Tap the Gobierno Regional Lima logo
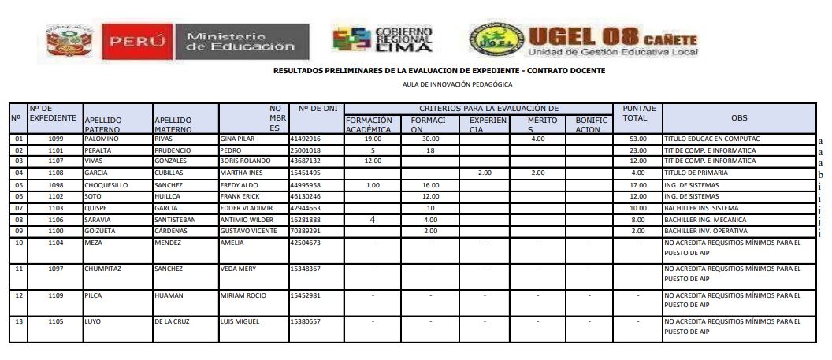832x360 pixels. tap(384, 39)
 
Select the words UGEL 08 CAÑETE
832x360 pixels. tap(613, 35)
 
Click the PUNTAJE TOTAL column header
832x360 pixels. tap(634, 112)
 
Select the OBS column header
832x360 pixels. tap(738, 117)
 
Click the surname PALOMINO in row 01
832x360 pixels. tap(101, 139)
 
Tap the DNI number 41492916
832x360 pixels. tap(306, 139)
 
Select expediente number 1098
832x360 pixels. tap(55, 184)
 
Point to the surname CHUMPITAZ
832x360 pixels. tap(104, 269)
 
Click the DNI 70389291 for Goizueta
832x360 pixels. tap(306, 231)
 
